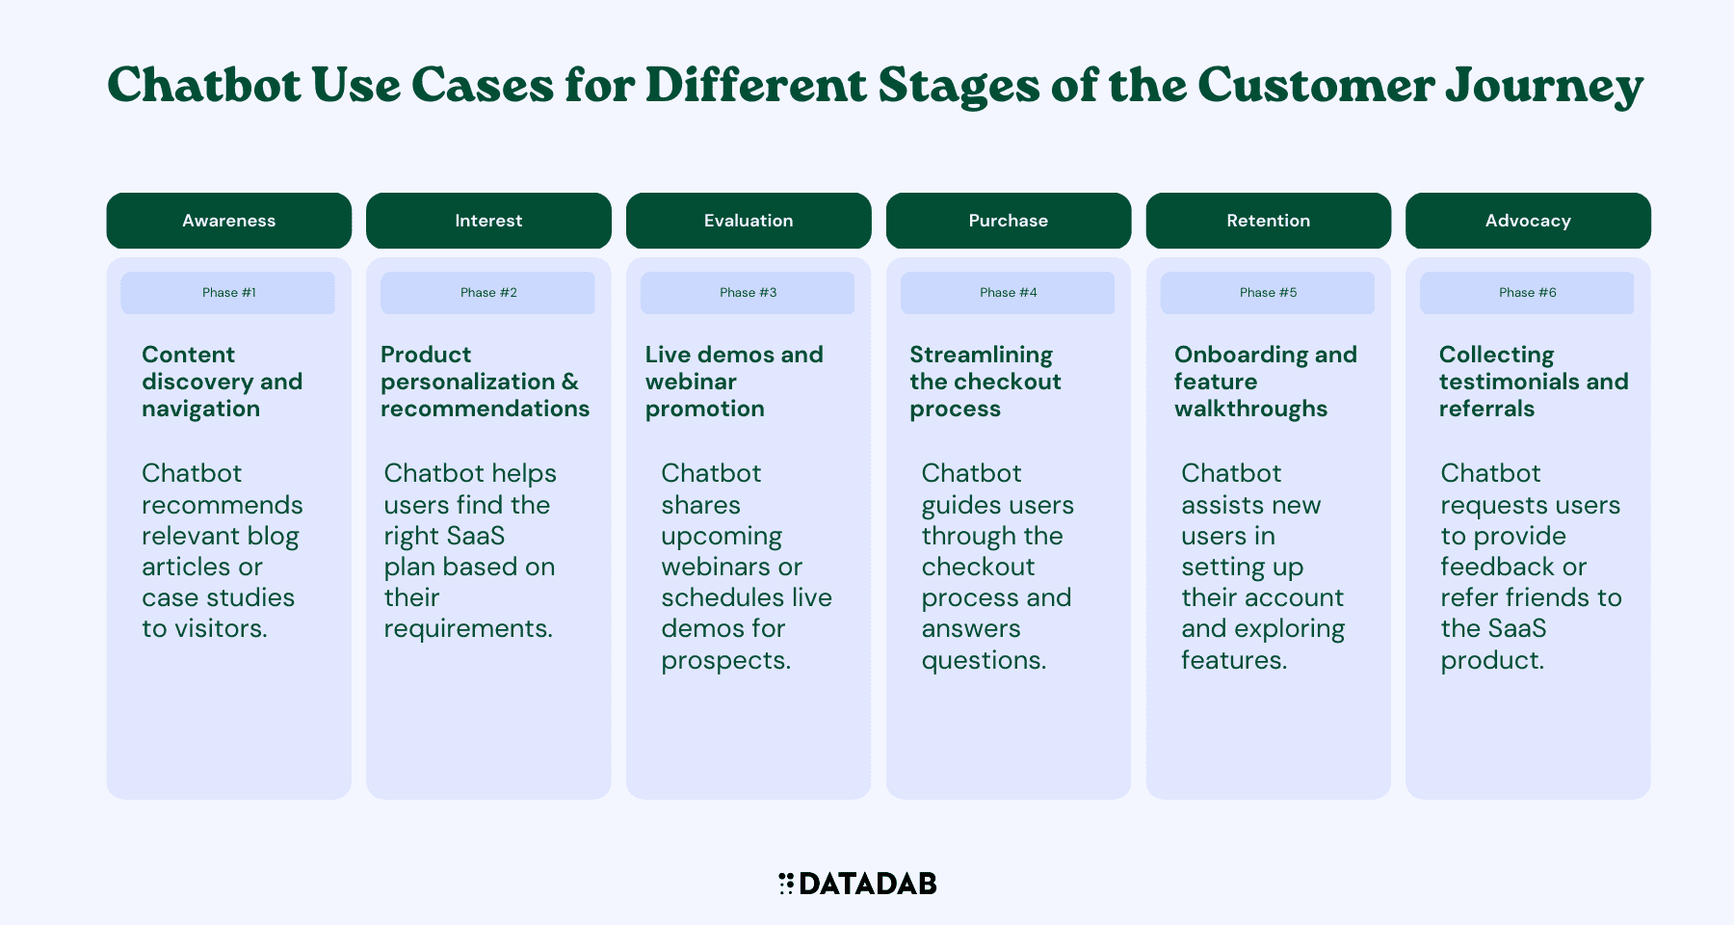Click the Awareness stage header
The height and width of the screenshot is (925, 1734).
tap(229, 221)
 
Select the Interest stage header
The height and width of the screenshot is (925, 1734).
tap(488, 221)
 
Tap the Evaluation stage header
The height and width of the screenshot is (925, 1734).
tap(749, 221)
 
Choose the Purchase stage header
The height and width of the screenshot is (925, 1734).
tap(1009, 221)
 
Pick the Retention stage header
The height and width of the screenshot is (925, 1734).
tap(1269, 221)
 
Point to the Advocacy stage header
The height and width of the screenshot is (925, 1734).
tap(1528, 221)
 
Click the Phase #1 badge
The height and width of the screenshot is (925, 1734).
tap(228, 293)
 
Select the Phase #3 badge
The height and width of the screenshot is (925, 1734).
tap(748, 293)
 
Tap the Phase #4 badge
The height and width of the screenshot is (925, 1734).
tap(1008, 293)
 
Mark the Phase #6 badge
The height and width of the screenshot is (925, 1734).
tap(1527, 293)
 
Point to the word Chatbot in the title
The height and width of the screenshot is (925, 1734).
tap(204, 85)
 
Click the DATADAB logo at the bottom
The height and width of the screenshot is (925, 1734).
tap(857, 884)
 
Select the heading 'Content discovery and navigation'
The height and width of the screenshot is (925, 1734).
tap(223, 382)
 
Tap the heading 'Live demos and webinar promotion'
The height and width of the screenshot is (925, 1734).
tap(734, 382)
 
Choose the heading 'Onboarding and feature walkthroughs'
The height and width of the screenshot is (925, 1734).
tap(1266, 382)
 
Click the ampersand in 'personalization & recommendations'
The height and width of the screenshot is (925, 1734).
tap(570, 382)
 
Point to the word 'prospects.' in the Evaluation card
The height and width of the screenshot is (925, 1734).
tap(726, 661)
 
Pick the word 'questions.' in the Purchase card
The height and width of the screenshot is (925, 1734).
tap(985, 661)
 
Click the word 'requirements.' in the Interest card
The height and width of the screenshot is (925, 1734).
tap(469, 629)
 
